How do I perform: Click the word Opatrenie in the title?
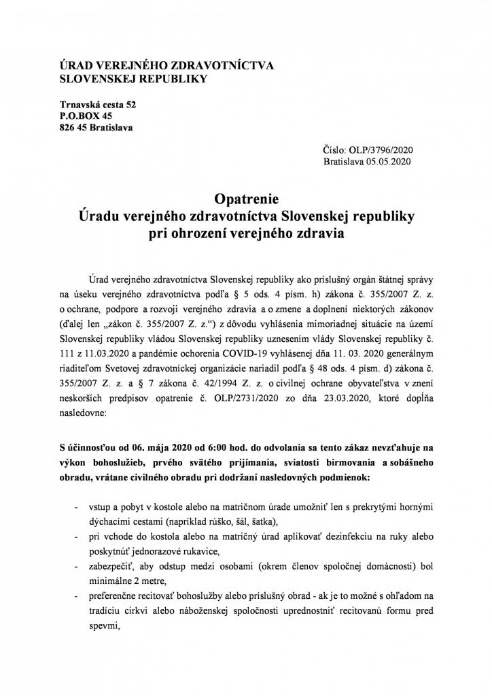point(246,199)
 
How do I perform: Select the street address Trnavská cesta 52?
point(98,105)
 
